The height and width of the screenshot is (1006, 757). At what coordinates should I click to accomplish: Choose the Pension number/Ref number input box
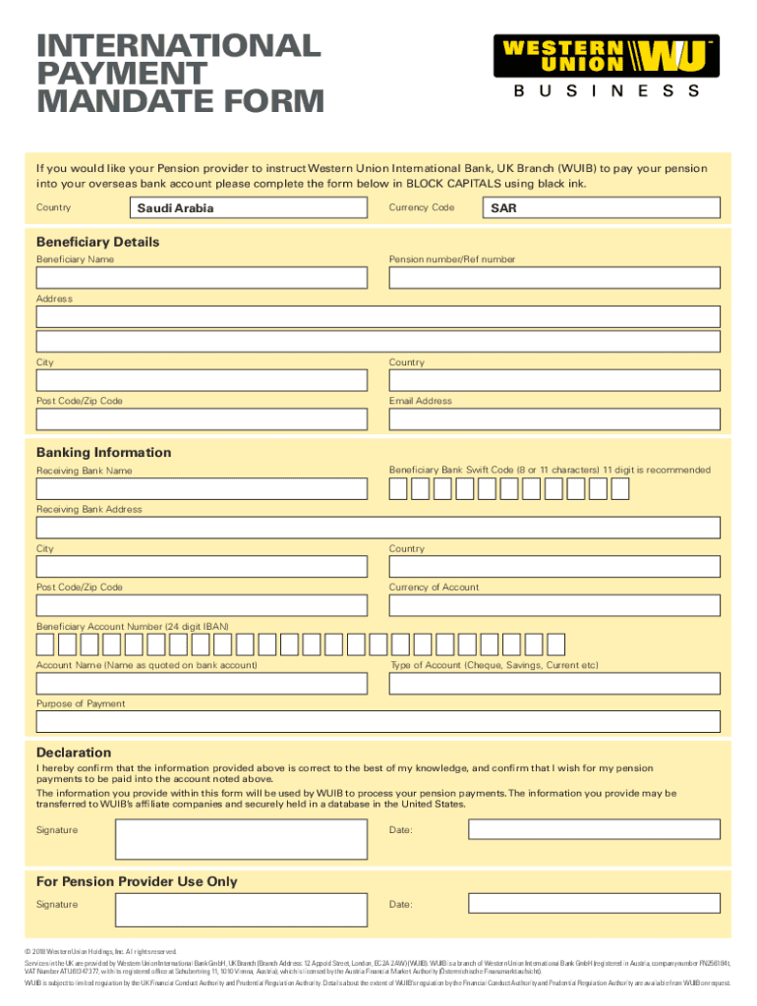554,278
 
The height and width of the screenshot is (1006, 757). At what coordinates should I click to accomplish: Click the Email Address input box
554,419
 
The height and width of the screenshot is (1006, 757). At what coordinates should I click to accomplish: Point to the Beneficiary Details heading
97,242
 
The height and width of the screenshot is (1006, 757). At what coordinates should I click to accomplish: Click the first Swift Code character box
398,488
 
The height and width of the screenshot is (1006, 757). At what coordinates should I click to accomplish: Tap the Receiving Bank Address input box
378,529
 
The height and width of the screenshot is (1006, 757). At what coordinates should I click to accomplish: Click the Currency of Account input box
554,606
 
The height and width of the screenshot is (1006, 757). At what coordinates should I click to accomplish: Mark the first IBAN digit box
45,644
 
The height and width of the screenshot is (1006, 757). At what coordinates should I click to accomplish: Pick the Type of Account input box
554,685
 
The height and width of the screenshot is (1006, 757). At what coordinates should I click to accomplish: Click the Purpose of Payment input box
378,723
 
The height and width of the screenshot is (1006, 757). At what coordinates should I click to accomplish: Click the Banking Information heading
103,453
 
